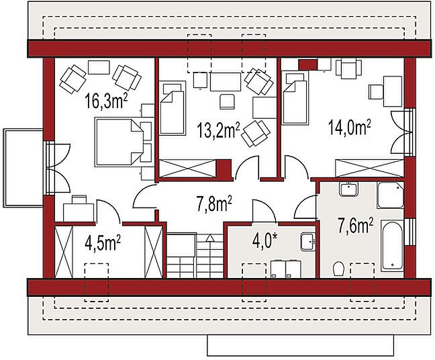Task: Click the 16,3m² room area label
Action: coord(106,101)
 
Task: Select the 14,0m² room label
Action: coord(349,128)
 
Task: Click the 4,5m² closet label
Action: coord(103,242)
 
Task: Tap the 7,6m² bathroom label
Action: coord(355,225)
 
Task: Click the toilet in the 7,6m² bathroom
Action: coord(338,269)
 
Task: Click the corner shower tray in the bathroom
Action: coord(390,195)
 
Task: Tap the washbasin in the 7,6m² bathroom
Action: coord(348,189)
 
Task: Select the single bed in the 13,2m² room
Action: coord(173,108)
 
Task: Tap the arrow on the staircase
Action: coord(210,238)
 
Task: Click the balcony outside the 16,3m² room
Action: coord(23,168)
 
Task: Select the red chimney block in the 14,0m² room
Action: coord(308,64)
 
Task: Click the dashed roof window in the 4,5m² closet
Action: coord(96,282)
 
